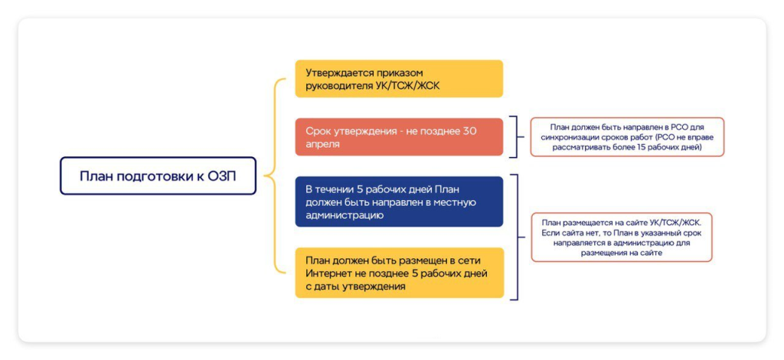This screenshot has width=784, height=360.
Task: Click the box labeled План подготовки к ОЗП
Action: tap(158, 176)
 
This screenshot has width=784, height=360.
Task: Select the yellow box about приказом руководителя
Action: tap(399, 78)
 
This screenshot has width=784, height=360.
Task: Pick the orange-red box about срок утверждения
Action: tap(399, 137)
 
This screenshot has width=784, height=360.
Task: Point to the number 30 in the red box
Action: tap(469, 131)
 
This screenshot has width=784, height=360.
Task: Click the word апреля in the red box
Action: tap(322, 144)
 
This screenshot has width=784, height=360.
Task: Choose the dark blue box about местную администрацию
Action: tap(399, 201)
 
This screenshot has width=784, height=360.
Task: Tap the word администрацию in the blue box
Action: tap(345, 215)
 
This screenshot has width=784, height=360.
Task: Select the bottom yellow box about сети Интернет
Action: tap(399, 273)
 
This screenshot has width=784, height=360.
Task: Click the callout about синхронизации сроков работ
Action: tap(627, 137)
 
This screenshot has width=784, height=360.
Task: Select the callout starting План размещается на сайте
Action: tap(622, 237)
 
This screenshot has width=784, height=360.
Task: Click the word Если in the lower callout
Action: tap(550, 232)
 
